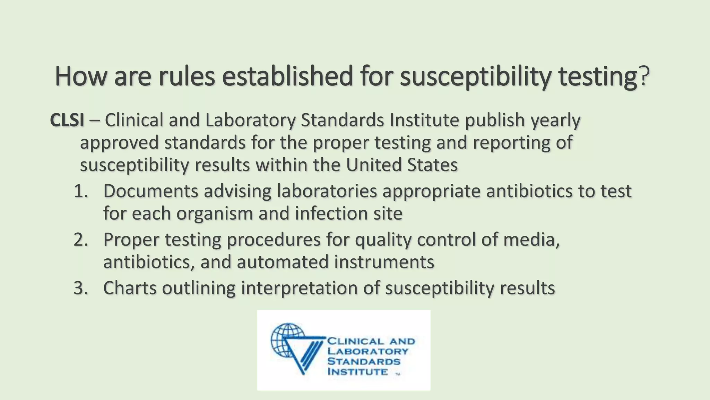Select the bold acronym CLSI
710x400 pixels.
pyautogui.click(x=67, y=120)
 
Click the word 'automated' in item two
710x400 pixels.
pyautogui.click(x=282, y=262)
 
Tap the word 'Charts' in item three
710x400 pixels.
pyautogui.click(x=130, y=288)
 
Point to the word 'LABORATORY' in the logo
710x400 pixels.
pyautogui.click(x=368, y=351)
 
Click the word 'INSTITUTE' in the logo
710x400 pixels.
pyautogui.click(x=357, y=372)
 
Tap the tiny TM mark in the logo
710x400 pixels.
pyautogui.click(x=398, y=374)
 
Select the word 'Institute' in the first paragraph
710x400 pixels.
pyautogui.click(x=424, y=120)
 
